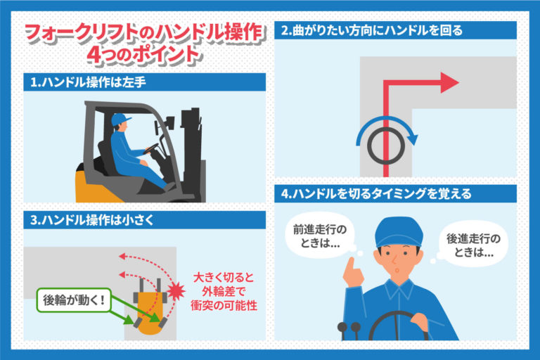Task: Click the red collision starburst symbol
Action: [176, 291]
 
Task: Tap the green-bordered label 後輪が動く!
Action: [74, 300]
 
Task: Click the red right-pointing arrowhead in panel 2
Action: [449, 83]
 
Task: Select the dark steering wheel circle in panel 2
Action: [386, 146]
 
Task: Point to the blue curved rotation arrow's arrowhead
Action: [413, 139]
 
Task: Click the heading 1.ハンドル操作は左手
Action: [88, 82]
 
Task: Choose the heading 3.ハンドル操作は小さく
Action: [92, 220]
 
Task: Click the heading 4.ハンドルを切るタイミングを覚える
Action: [376, 194]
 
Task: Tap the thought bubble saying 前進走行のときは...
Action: [320, 236]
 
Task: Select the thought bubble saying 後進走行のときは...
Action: [472, 245]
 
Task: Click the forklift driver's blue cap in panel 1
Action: [120, 120]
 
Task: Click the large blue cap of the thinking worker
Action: [399, 231]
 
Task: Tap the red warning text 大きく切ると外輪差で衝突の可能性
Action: [224, 291]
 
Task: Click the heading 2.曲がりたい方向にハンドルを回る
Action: [372, 31]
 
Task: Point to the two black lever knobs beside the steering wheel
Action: [349, 326]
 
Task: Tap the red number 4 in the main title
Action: [94, 54]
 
